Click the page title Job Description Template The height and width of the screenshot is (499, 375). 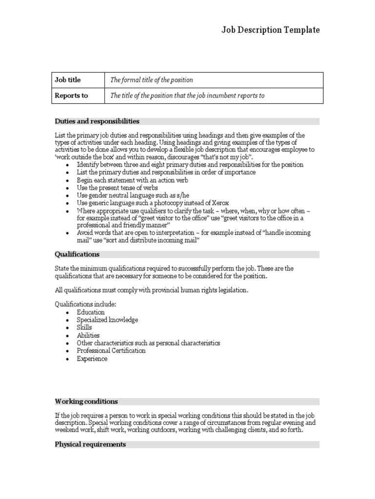point(271,30)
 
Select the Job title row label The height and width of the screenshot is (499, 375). point(67,80)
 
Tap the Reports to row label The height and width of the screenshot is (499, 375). point(71,96)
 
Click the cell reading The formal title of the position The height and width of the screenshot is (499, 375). point(151,80)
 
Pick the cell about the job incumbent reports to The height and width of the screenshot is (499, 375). point(187,96)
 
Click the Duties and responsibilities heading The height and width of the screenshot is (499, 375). point(97,121)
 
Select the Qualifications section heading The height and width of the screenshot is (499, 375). point(77,254)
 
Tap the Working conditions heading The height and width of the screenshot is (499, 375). point(86,402)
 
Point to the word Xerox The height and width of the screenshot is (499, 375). point(219,203)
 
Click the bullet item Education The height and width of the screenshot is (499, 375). point(90,312)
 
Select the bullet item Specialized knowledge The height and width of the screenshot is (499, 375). point(107,320)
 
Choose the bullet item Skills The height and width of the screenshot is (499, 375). point(84,327)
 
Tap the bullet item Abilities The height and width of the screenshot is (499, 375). point(88,335)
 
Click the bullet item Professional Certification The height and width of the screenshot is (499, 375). point(111,351)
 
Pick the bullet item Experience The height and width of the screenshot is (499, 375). point(92,359)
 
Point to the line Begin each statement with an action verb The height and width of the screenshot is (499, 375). point(132,180)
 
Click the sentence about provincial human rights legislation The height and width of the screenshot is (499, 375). point(151,290)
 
